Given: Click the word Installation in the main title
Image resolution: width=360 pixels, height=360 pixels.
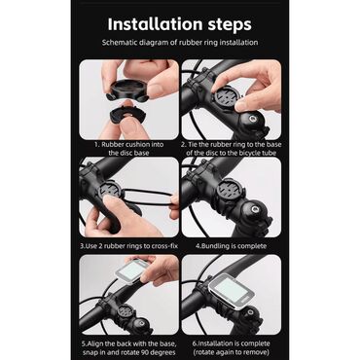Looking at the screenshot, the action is pyautogui.click(x=155, y=24).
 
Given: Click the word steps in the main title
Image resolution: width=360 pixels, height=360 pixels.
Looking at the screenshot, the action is pyautogui.click(x=230, y=24).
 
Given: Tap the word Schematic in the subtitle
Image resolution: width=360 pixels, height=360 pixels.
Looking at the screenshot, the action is pyautogui.click(x=119, y=42).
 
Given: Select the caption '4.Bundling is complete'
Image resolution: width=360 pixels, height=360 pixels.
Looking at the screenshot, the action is pyautogui.click(x=231, y=246).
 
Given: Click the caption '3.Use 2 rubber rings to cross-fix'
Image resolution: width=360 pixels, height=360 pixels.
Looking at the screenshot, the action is pyautogui.click(x=129, y=246).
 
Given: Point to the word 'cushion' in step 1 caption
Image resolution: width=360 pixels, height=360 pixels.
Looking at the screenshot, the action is pyautogui.click(x=137, y=145).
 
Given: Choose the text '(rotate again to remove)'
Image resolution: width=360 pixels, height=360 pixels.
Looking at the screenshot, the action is pyautogui.click(x=231, y=352).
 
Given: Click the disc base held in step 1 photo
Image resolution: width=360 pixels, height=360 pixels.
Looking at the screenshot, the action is pyautogui.click(x=128, y=89).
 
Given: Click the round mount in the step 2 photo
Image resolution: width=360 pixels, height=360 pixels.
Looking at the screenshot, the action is pyautogui.click(x=227, y=96).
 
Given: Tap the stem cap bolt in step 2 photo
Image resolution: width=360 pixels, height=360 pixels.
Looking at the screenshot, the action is pyautogui.click(x=252, y=120).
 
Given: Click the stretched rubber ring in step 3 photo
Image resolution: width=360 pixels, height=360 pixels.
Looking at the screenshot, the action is pyautogui.click(x=148, y=197).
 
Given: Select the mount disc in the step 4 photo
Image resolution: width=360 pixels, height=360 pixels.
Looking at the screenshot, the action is pyautogui.click(x=230, y=191).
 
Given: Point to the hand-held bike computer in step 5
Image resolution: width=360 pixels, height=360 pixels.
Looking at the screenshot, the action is pyautogui.click(x=132, y=271).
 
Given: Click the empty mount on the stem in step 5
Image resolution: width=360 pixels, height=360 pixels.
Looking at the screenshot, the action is pyautogui.click(x=123, y=313).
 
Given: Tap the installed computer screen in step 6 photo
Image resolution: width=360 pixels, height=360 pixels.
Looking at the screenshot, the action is pyautogui.click(x=228, y=290).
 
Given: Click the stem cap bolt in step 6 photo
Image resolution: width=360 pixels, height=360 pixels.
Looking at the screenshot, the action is pyautogui.click(x=249, y=313).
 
